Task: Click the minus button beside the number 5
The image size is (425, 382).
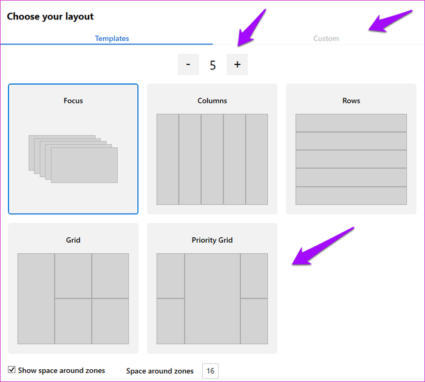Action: [188, 64]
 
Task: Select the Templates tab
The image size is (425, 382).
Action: [112, 38]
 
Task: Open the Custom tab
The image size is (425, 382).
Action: [326, 38]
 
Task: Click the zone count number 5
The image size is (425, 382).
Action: [212, 65]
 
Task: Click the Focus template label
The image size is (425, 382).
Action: [73, 100]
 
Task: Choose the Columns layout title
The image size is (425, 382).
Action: [212, 100]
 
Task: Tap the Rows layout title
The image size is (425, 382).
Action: [351, 100]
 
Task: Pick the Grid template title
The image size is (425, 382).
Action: [73, 240]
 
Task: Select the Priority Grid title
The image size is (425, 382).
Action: [212, 240]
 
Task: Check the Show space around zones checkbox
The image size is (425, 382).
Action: [12, 370]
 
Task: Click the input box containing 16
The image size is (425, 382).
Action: [210, 371]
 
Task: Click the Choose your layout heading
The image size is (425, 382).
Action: [50, 16]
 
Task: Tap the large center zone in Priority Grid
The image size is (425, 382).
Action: [212, 299]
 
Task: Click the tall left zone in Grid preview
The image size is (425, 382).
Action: [36, 299]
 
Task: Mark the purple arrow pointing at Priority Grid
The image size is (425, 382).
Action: [322, 246]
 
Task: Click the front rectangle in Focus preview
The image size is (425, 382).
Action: [84, 165]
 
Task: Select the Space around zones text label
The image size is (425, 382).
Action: [160, 371]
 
